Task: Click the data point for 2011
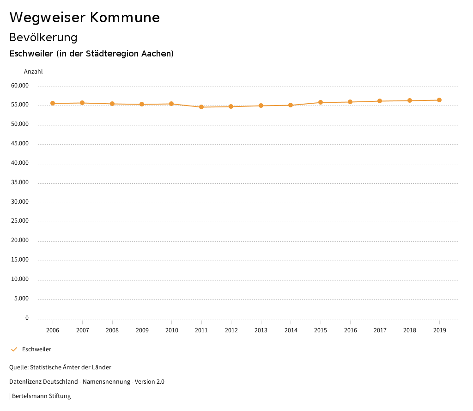click(201, 107)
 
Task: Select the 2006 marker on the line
click(53, 103)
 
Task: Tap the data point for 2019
click(439, 100)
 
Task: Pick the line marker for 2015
click(321, 102)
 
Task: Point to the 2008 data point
click(112, 104)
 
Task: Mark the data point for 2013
click(261, 106)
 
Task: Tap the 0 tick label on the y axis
click(27, 318)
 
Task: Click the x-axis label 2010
click(172, 330)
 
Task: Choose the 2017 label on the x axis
click(380, 330)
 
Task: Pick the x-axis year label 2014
click(291, 330)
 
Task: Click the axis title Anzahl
click(33, 72)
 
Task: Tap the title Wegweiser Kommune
click(85, 18)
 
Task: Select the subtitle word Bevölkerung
click(43, 37)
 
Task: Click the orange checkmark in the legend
click(14, 349)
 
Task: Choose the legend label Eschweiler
click(36, 349)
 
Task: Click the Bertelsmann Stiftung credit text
click(41, 396)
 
